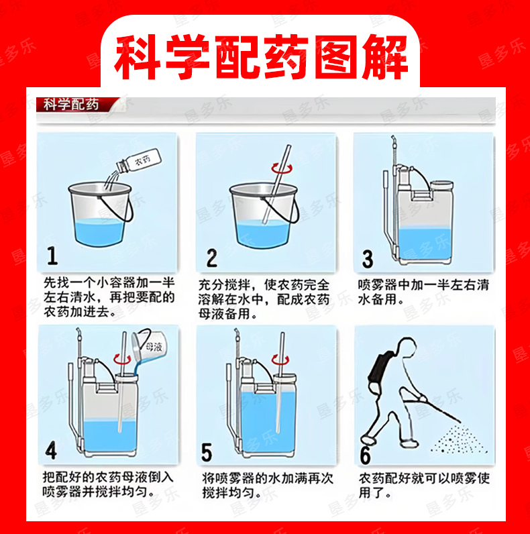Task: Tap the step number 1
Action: click(x=52, y=256)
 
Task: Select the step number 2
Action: click(x=211, y=258)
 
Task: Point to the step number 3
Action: click(x=368, y=259)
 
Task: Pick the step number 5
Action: click(x=207, y=452)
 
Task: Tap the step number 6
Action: click(x=366, y=455)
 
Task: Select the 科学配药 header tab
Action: click(x=71, y=104)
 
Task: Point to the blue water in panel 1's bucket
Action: click(x=98, y=232)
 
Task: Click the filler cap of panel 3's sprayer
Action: click(x=442, y=185)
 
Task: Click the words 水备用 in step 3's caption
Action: click(x=378, y=299)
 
